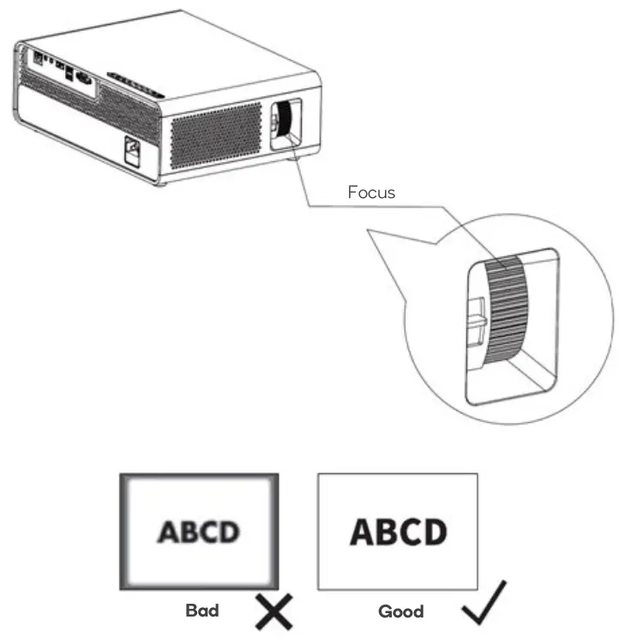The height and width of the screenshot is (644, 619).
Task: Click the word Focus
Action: click(371, 192)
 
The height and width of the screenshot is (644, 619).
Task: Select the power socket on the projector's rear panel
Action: click(134, 151)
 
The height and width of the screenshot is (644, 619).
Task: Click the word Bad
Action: click(202, 611)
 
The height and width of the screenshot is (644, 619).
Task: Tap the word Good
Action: click(400, 612)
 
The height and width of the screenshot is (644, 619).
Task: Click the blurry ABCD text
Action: click(198, 533)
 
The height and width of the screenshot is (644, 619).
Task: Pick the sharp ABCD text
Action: click(398, 532)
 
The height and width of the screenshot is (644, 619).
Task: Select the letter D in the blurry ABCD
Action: click(225, 533)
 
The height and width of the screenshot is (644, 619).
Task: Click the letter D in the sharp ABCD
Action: click(434, 532)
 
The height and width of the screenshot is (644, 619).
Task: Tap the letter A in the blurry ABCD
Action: click(169, 533)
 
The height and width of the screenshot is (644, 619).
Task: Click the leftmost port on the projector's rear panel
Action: click(39, 57)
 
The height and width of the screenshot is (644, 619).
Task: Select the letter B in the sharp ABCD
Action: click(386, 532)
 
